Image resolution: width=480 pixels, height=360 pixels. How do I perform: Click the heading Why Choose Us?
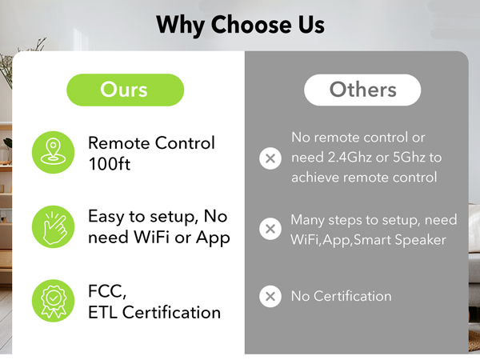[240, 24]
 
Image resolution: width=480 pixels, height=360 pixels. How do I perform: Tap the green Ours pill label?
[125, 89]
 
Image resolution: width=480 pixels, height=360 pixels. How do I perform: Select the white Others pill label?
[363, 89]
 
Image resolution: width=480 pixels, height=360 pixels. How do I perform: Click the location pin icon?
[53, 152]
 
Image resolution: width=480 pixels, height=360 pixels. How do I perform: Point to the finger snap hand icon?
[53, 226]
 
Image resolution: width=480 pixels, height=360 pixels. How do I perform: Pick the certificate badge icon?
[53, 301]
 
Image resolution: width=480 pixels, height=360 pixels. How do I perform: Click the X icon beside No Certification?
[271, 297]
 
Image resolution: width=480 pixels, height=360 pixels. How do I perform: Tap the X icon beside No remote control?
[271, 158]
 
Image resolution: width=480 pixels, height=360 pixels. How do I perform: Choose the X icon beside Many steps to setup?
[271, 229]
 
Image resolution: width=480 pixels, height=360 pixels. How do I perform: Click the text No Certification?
[342, 297]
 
